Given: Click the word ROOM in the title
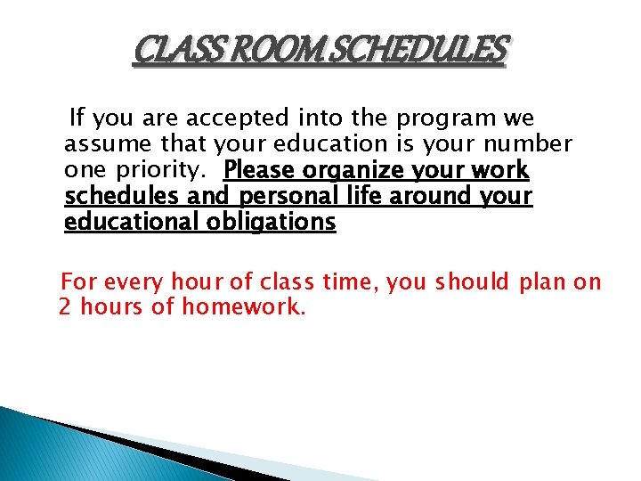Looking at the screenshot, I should point(266,53).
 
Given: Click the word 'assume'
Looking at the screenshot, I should point(103,143).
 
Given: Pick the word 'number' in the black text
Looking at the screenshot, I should point(531,143).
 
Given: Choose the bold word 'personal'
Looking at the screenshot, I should point(274,196).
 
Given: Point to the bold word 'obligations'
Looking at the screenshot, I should point(271,222).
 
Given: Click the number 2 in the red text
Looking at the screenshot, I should point(64,308).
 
